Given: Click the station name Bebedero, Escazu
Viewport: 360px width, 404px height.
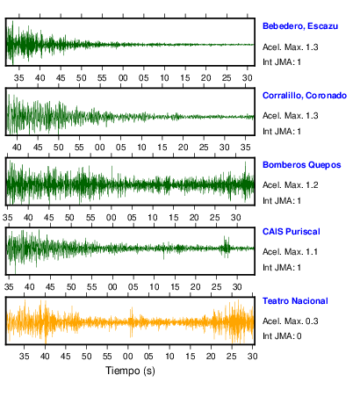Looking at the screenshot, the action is pyautogui.click(x=300, y=26).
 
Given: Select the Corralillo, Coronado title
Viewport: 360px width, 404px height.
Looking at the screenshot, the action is pyautogui.click(x=305, y=96).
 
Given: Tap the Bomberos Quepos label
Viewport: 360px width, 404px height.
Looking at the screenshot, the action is pyautogui.click(x=301, y=165).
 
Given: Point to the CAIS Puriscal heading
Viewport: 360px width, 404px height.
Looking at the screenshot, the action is pyautogui.click(x=291, y=232).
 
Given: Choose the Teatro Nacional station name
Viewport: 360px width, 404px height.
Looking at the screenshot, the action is pyautogui.click(x=295, y=301).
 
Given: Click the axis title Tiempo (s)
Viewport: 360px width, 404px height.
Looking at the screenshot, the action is pyautogui.click(x=130, y=371).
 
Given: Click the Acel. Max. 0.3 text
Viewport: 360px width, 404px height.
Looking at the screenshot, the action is pyautogui.click(x=290, y=321).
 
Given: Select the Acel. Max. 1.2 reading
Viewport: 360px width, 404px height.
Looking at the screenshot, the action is pyautogui.click(x=290, y=185).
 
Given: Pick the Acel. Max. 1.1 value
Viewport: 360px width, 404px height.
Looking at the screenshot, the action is pyautogui.click(x=290, y=252).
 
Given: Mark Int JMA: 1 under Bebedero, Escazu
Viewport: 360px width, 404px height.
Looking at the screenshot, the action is pyautogui.click(x=282, y=62).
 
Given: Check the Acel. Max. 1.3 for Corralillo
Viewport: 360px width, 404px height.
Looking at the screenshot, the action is pyautogui.click(x=290, y=116).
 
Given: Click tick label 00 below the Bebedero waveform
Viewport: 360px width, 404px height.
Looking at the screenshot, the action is pyautogui.click(x=123, y=78).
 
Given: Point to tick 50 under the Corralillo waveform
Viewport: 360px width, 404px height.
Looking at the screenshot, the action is pyautogui.click(x=58, y=148).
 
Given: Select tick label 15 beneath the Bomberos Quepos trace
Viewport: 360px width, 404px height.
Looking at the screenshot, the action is pyautogui.click(x=173, y=218).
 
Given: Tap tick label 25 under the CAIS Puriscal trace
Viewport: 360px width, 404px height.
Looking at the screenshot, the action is pyautogui.click(x=216, y=286).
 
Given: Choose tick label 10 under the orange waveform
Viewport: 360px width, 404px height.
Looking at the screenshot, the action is pyautogui.click(x=169, y=357).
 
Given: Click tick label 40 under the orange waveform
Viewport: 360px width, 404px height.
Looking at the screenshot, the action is pyautogui.click(x=45, y=357).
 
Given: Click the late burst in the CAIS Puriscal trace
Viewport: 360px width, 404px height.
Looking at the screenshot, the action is pyautogui.click(x=226, y=248).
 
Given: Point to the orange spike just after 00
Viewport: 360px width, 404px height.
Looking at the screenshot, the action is pyautogui.click(x=132, y=322).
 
